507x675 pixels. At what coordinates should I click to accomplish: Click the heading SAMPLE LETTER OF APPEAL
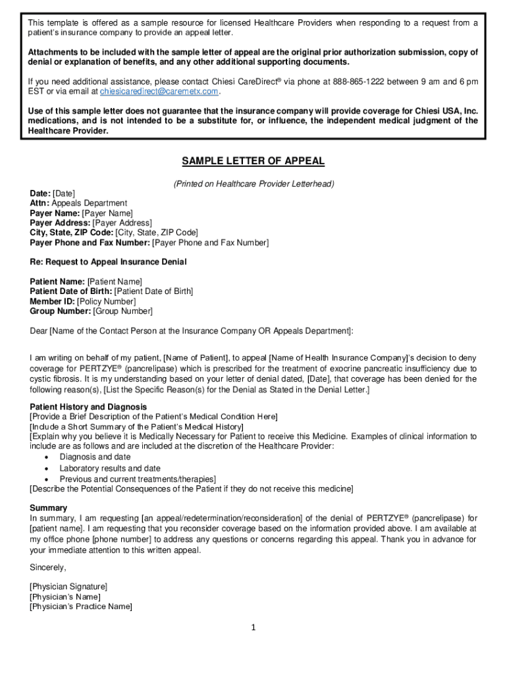pos(254,161)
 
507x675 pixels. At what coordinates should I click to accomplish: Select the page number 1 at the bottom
pos(252,627)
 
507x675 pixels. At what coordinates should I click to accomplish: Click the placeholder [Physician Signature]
pos(68,586)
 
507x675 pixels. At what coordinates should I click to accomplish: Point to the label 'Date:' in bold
pos(40,193)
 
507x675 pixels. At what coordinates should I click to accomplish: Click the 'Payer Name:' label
pos(55,213)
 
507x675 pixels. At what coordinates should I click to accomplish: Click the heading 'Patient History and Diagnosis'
pos(88,407)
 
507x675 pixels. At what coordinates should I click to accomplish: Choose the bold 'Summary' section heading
pos(48,508)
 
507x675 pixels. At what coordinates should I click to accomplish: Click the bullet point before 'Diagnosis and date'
pos(45,457)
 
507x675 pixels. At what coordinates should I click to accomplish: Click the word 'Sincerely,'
pos(48,567)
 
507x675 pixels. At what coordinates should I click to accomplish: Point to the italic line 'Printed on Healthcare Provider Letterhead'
pos(254,184)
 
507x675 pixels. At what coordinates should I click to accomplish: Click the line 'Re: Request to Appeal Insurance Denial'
pos(108,262)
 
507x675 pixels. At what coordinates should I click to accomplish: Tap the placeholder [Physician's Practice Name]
pos(81,606)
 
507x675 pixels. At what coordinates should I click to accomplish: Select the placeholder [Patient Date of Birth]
pos(153,291)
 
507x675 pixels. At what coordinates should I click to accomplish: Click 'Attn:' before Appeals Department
pos(40,203)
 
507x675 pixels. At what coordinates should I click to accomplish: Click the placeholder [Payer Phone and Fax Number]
pos(210,243)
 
